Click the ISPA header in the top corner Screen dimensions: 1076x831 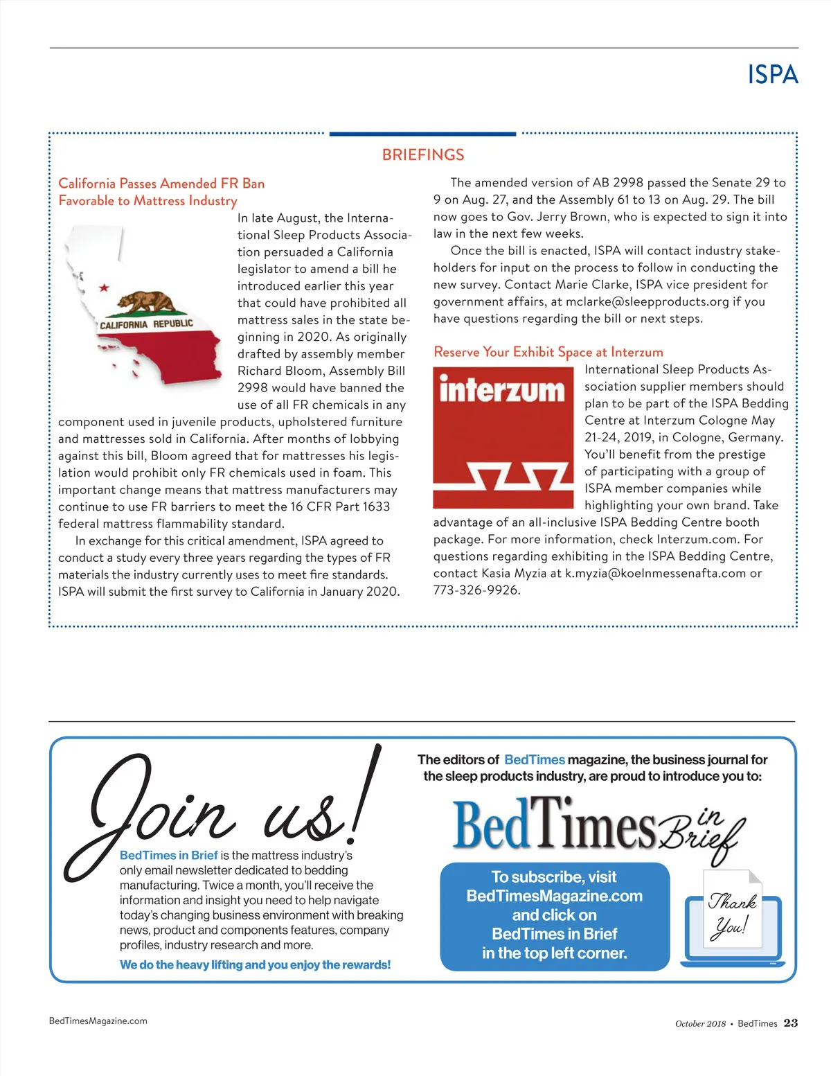click(x=773, y=75)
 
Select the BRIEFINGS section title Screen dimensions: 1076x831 click(x=423, y=155)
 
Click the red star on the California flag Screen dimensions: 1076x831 click(x=104, y=287)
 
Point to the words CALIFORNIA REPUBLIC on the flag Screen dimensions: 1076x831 click(x=146, y=324)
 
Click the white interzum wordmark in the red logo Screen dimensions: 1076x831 click(x=502, y=389)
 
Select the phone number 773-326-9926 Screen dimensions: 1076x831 click(x=476, y=590)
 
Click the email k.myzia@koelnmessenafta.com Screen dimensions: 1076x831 click(x=655, y=573)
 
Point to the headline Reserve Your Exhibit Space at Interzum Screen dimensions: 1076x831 click(x=548, y=352)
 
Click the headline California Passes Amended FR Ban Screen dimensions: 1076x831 click(x=161, y=184)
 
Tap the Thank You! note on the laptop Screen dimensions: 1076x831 click(x=731, y=912)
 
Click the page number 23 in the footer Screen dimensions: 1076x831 click(x=790, y=1023)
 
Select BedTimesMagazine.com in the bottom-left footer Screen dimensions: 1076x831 click(x=98, y=1021)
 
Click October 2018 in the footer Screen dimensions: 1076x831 click(x=700, y=1023)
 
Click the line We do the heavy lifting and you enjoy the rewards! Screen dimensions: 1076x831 click(x=255, y=964)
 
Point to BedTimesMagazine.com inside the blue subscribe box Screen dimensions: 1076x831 click(x=554, y=896)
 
